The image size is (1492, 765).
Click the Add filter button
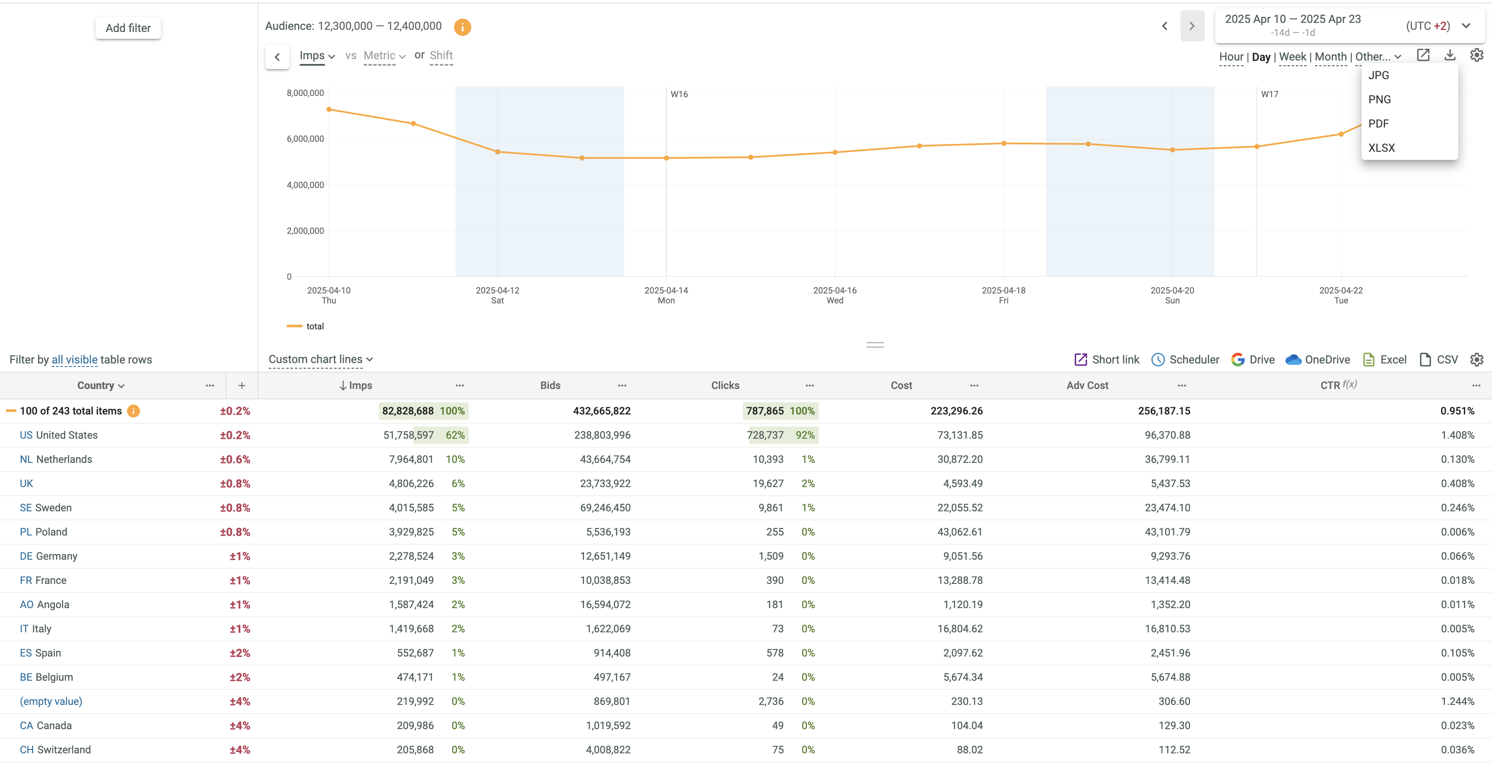(128, 28)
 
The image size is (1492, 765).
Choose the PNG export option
(1379, 99)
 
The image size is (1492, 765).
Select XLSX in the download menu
(1381, 148)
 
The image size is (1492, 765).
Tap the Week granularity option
(1292, 57)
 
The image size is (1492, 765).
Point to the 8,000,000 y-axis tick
(305, 93)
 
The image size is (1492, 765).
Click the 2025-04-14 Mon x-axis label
(666, 295)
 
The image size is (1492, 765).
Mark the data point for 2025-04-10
(329, 109)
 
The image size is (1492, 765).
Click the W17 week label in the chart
(1269, 94)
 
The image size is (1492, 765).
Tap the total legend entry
(314, 326)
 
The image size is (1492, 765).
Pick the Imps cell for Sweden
(411, 508)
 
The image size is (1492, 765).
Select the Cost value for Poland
(960, 532)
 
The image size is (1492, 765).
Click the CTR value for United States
(1457, 435)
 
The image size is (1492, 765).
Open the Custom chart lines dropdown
(320, 359)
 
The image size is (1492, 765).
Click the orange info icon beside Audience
(462, 27)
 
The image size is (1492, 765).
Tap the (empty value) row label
(51, 701)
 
